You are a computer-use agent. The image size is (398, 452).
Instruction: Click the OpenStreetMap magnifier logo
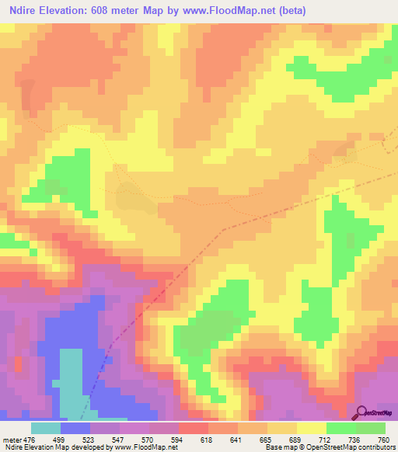(x=361, y=412)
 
